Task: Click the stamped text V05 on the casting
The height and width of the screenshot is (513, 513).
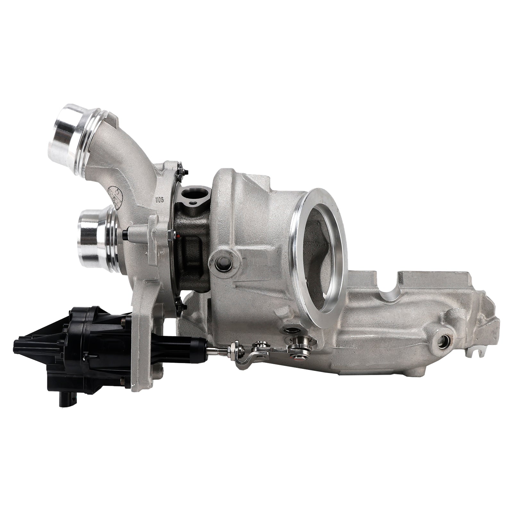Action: (159, 199)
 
